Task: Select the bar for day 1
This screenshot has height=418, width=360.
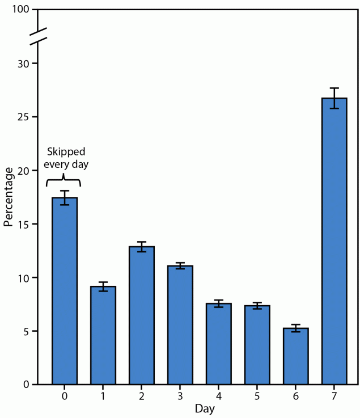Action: click(103, 335)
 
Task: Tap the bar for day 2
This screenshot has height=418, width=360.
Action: click(142, 315)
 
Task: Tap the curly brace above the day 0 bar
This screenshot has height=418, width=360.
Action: click(63, 180)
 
